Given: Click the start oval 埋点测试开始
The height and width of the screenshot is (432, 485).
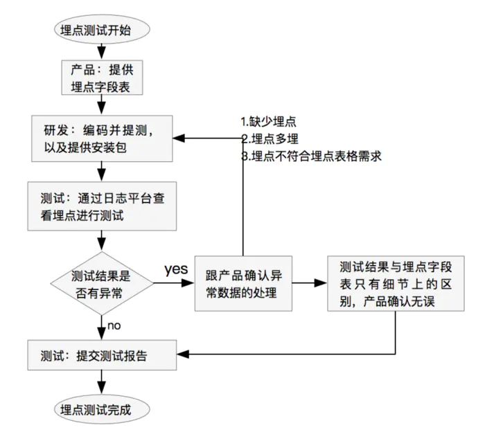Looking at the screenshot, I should click(102, 30).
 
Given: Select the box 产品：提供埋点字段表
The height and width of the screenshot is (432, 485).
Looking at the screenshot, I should click(102, 78).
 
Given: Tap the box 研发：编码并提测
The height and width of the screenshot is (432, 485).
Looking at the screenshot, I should click(102, 138).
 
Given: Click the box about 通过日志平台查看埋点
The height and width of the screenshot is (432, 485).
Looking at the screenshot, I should click(102, 206).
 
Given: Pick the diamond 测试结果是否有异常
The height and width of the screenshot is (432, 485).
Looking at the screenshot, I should click(102, 282).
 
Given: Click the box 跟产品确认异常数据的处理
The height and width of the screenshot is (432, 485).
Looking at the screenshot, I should click(242, 282).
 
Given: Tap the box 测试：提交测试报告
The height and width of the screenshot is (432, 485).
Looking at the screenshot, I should click(102, 355).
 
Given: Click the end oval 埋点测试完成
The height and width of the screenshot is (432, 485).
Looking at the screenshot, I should click(102, 408).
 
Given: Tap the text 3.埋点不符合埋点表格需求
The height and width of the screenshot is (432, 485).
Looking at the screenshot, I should click(311, 156).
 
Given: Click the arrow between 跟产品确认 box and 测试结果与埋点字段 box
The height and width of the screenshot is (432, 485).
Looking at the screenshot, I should click(308, 282).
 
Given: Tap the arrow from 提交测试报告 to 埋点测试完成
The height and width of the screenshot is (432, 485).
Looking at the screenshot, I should click(102, 381).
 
